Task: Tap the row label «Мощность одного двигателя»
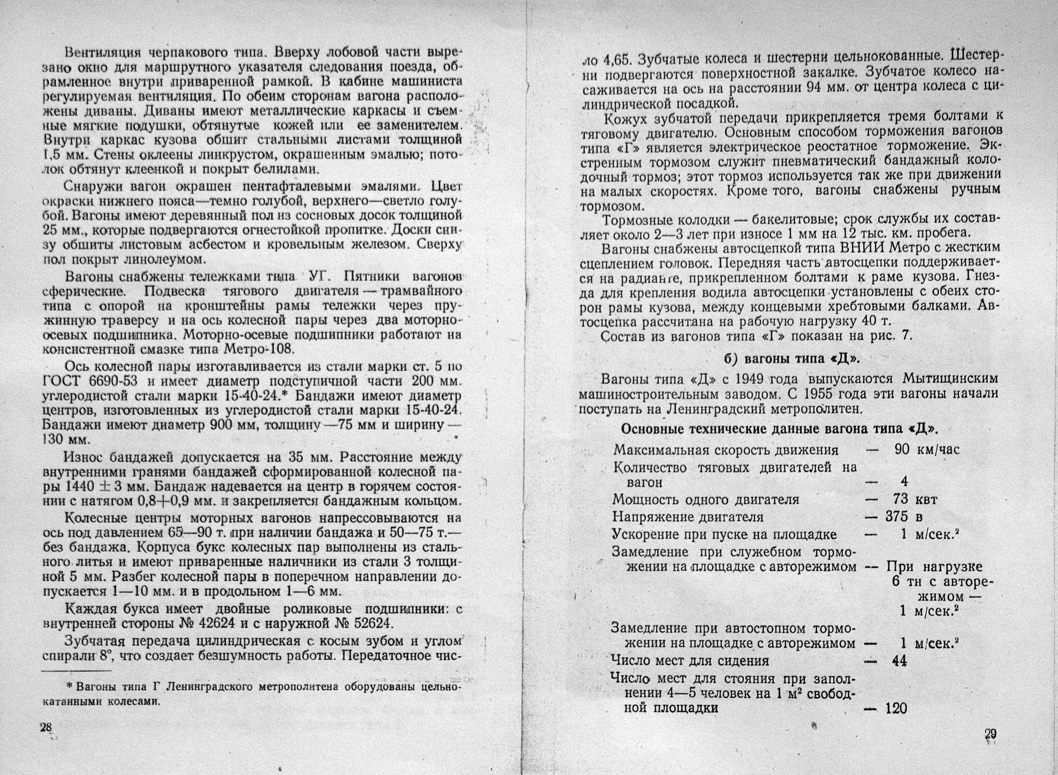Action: [706, 500]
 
